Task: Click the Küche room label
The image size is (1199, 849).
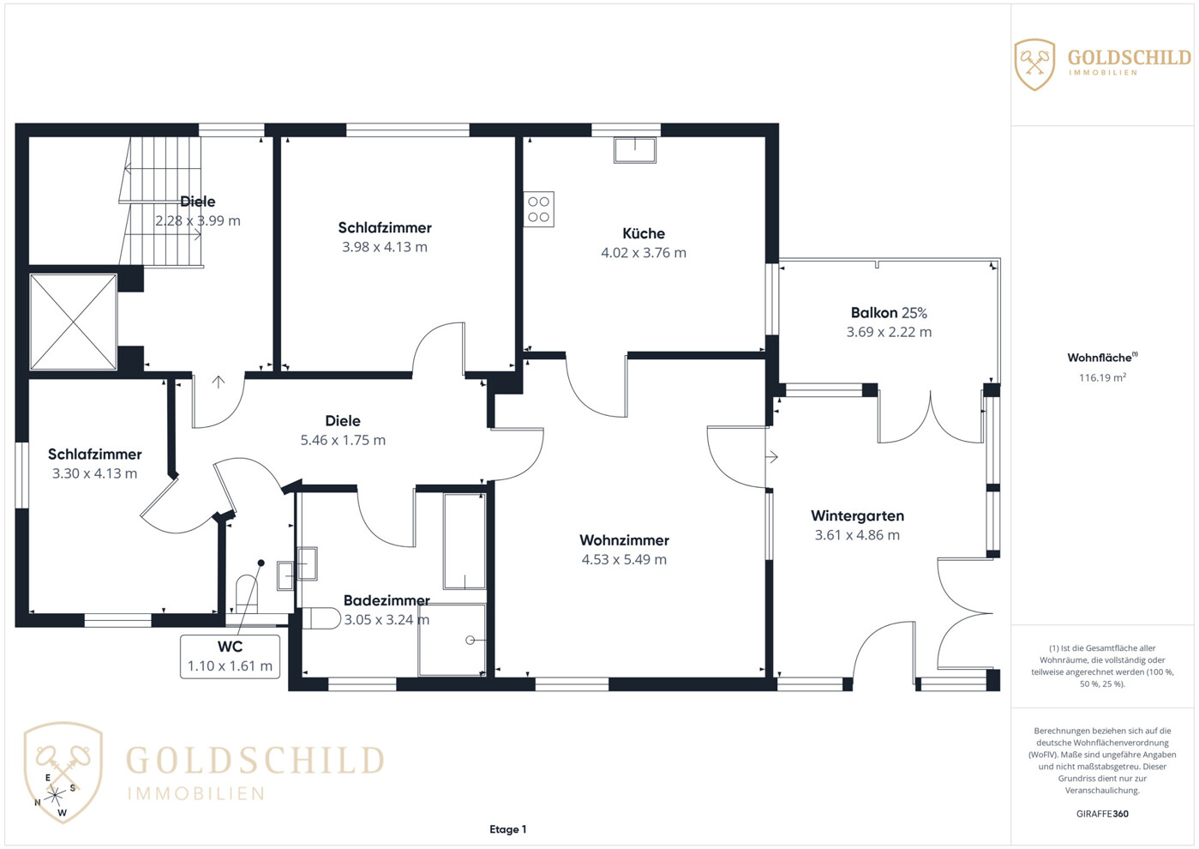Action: pos(644,233)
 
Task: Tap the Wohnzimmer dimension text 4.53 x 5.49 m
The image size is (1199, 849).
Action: pos(624,559)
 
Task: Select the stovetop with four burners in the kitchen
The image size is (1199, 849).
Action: pos(538,209)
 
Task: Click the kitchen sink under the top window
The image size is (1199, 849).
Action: pos(635,150)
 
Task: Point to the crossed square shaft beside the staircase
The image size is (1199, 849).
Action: pos(74,322)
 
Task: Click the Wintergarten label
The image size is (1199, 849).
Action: pos(858,515)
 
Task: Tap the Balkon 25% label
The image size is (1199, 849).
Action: pos(889,313)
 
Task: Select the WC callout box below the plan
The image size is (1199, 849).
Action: pos(231,657)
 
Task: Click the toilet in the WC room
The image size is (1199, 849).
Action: pos(247,593)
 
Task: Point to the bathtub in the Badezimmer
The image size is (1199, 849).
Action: pos(465,541)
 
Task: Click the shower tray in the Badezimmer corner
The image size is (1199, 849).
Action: pos(452,640)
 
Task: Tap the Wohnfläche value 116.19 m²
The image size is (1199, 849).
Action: pos(1102,377)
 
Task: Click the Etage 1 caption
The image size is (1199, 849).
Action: pos(508,829)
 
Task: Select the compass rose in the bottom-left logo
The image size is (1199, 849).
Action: pos(55,796)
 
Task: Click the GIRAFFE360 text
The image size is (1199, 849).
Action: pos(1102,814)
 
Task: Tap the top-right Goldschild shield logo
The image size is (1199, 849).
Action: pos(1034,64)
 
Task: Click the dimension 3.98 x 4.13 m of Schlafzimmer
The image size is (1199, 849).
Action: pos(385,247)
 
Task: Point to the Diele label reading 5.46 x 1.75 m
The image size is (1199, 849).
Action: pos(343,440)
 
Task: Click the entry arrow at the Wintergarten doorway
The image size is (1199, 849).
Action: pos(771,457)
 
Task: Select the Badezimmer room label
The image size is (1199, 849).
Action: pos(387,600)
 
